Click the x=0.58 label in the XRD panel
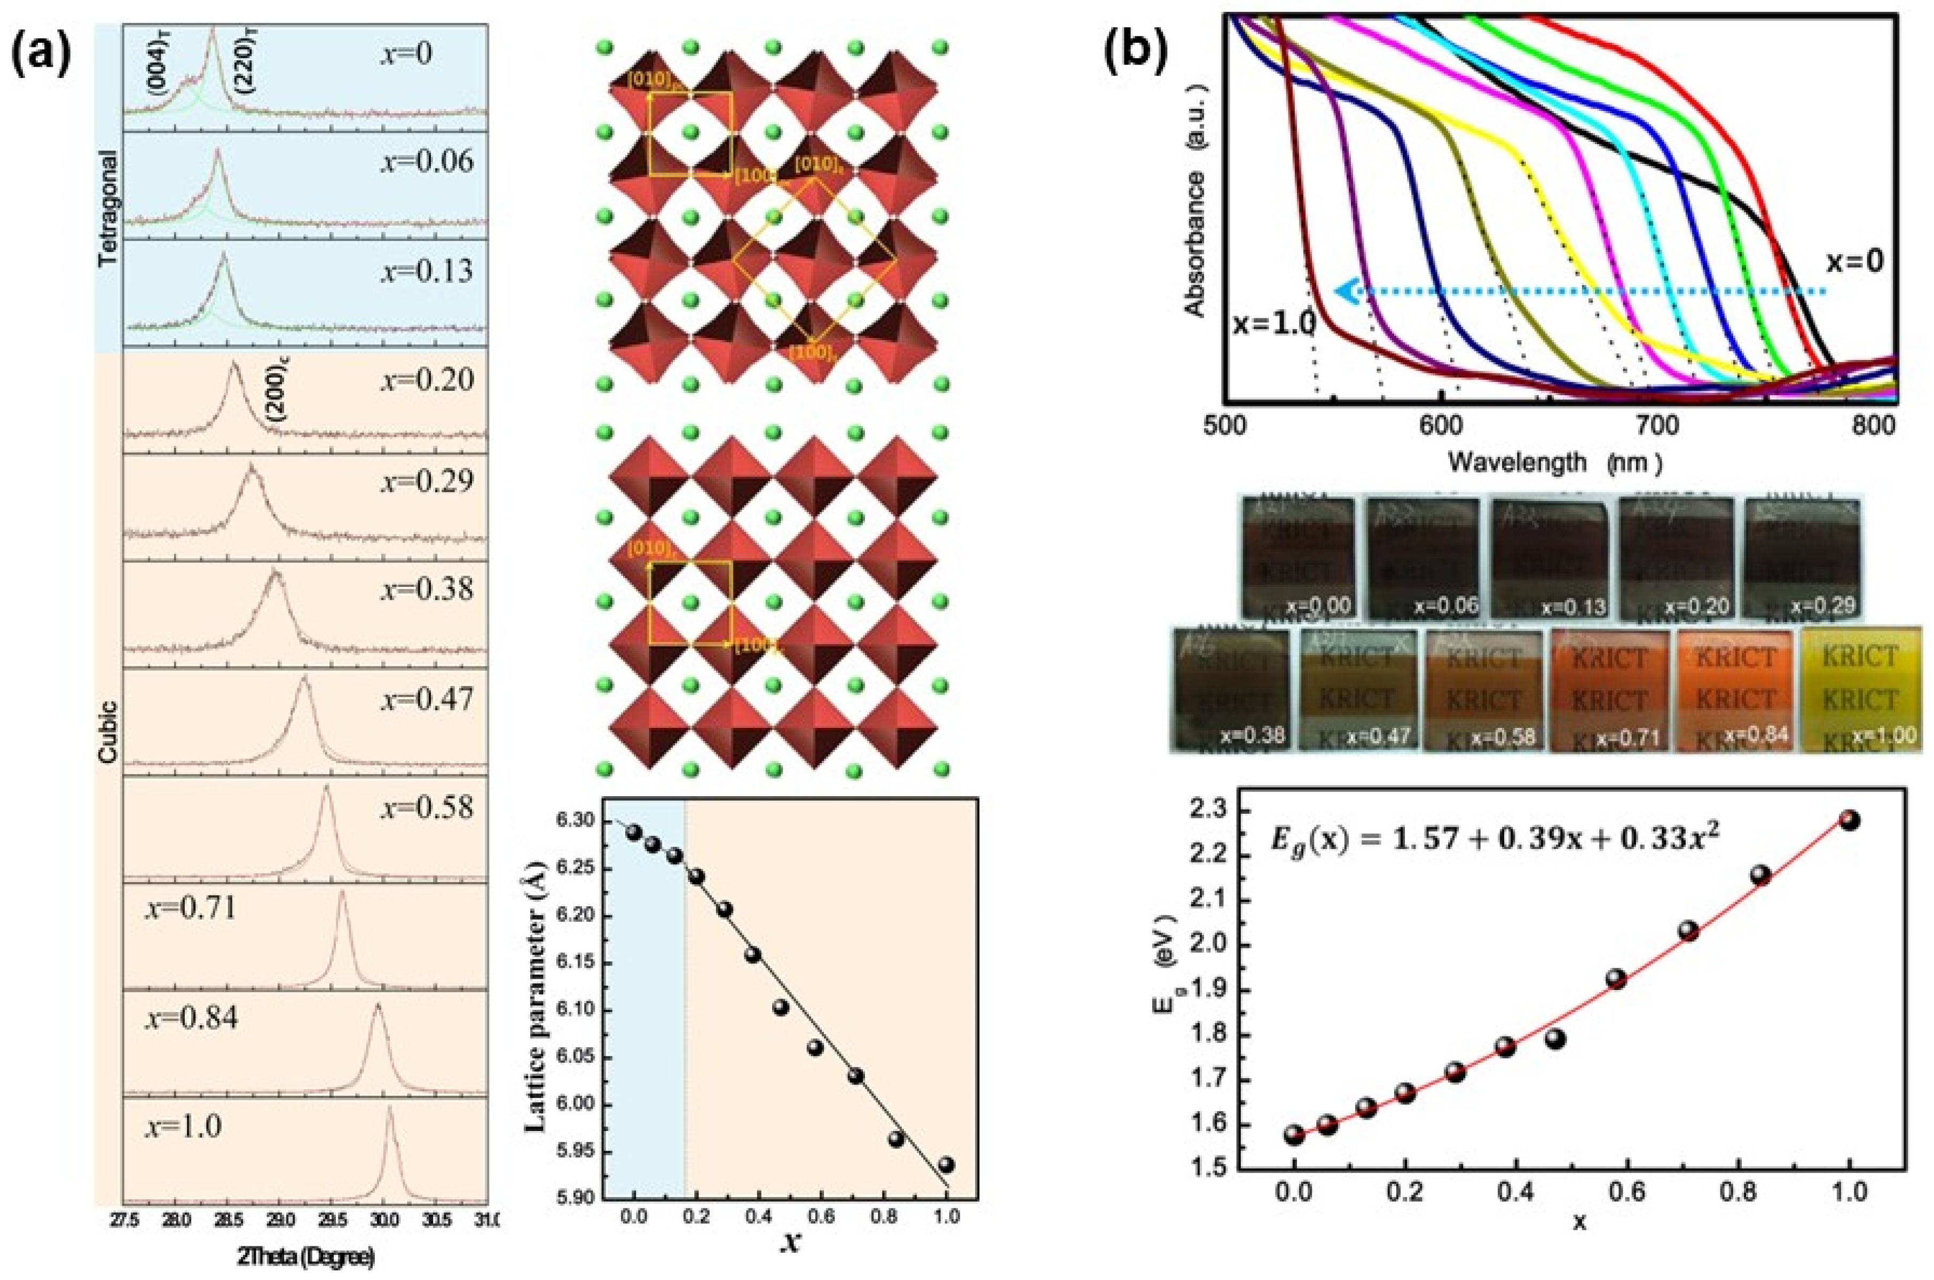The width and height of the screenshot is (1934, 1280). [x=426, y=807]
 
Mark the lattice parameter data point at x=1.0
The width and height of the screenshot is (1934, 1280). [x=946, y=1164]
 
